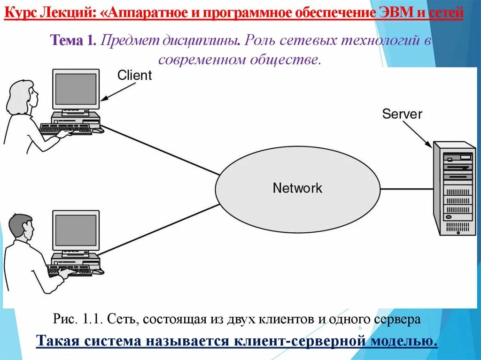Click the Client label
134,75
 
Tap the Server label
402,114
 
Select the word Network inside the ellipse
297,188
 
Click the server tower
453,188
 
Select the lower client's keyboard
69,271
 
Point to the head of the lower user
22,230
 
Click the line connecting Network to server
406,189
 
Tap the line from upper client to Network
160,149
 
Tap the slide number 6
360,328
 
